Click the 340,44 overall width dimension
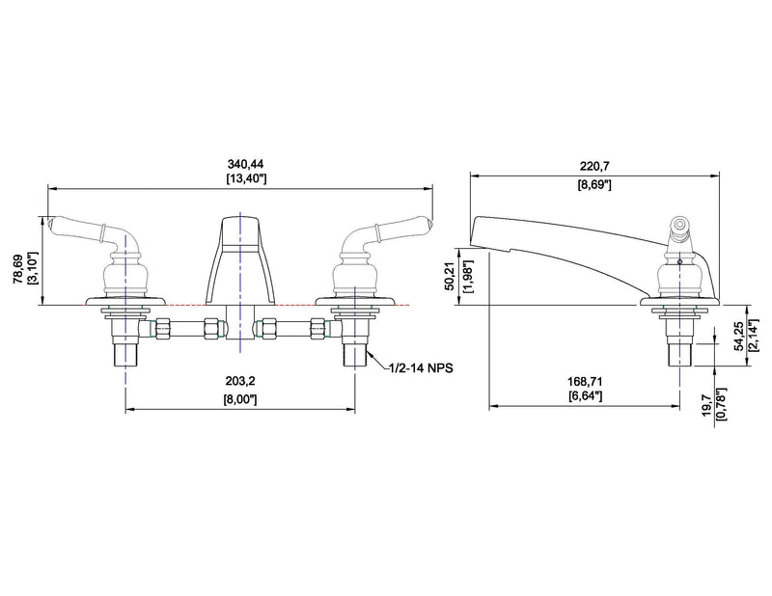[245, 164]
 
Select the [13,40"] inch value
[246, 178]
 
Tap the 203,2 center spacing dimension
[240, 381]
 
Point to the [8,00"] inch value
[240, 399]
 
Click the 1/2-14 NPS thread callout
[421, 367]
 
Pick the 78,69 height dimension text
[18, 268]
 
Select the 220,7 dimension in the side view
[594, 166]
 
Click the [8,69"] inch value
[594, 185]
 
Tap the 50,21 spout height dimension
[450, 276]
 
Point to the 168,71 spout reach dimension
[585, 381]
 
